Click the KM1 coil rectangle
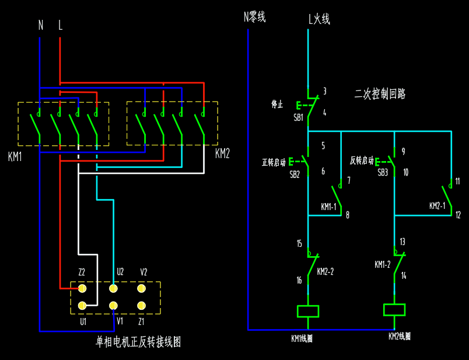[307, 311]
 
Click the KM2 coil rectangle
[394, 309]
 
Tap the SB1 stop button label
[299, 117]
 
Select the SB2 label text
[295, 174]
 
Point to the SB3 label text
[383, 173]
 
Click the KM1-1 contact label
[329, 207]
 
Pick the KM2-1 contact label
[437, 206]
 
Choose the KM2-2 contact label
[325, 272]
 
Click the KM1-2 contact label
[382, 264]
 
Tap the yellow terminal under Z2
[82, 288]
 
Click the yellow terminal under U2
[113, 288]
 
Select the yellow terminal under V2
[141, 288]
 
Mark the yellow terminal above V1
[113, 305]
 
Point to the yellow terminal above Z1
[141, 305]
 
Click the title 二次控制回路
[380, 93]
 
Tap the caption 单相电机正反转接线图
[138, 341]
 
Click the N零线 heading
[254, 18]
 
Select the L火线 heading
[319, 19]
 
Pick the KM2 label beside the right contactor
[222, 153]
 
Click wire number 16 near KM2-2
[299, 281]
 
